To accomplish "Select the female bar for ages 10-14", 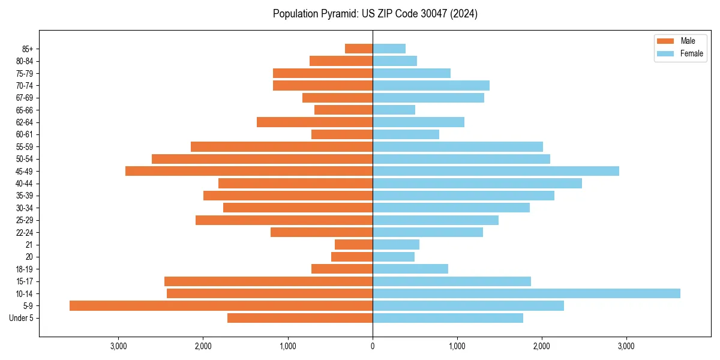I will pyautogui.click(x=526, y=293).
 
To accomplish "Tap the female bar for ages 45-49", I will pyautogui.click(x=496, y=171).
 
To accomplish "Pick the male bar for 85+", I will pyautogui.click(x=359, y=49).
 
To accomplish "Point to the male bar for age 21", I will pyautogui.click(x=353, y=245).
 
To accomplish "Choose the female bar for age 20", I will pyautogui.click(x=394, y=257).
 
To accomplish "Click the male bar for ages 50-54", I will pyautogui.click(x=262, y=159).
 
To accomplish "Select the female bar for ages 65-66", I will pyautogui.click(x=394, y=110).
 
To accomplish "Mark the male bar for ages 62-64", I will pyautogui.click(x=314, y=122).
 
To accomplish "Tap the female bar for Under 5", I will pyautogui.click(x=448, y=318).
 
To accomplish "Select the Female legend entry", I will pyautogui.click(x=680, y=53).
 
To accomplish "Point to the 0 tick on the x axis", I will pyautogui.click(x=373, y=346).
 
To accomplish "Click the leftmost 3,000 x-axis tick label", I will pyautogui.click(x=119, y=346).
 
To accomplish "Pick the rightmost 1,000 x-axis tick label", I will pyautogui.click(x=457, y=346).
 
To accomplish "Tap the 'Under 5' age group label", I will pyautogui.click(x=22, y=318).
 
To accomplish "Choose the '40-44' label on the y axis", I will pyautogui.click(x=25, y=184).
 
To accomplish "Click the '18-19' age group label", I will pyautogui.click(x=25, y=269).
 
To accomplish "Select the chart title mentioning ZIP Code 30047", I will pyautogui.click(x=375, y=14).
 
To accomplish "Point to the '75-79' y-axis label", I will pyautogui.click(x=25, y=74).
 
